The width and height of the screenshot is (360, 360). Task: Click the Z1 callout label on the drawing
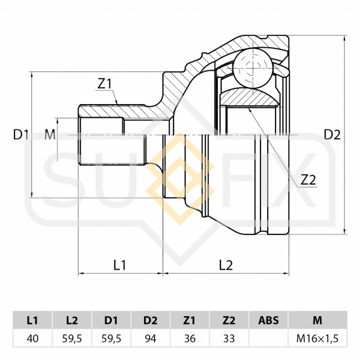point(104,84)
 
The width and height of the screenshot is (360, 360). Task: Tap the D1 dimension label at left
point(21,135)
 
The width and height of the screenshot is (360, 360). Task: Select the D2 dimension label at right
point(332,135)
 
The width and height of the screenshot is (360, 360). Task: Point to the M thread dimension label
point(50,135)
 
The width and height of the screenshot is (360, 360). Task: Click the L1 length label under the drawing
point(120,265)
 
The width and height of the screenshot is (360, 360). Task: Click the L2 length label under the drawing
point(226,265)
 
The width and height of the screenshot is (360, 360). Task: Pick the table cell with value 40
point(33,338)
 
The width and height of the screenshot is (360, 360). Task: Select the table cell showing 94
point(151,338)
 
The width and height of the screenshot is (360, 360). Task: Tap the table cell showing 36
point(190,338)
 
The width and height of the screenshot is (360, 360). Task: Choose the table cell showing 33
point(229,338)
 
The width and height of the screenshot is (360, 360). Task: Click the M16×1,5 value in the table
point(317,338)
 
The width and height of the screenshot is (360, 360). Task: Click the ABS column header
point(268,320)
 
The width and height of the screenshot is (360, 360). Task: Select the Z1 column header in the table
point(190,320)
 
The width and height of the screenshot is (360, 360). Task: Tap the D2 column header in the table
point(151,320)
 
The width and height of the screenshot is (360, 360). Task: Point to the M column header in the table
point(317,320)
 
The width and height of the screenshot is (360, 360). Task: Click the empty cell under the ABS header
point(268,338)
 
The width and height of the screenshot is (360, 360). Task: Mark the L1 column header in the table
point(33,320)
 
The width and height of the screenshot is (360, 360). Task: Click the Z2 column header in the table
point(229,320)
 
